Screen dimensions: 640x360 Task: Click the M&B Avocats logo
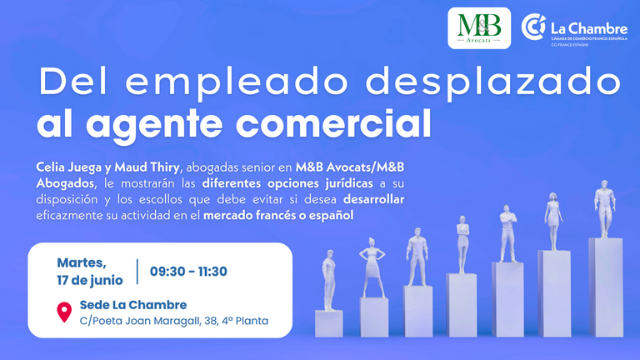click(x=479, y=28)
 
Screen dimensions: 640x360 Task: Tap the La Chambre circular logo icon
click(x=533, y=27)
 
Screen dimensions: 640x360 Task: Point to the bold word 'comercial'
click(x=333, y=122)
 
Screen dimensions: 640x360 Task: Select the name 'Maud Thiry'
click(x=147, y=167)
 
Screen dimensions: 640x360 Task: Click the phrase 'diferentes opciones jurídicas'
click(x=287, y=183)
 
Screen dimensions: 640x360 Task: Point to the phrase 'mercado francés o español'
click(x=278, y=215)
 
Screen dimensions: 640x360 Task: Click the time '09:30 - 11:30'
click(x=188, y=272)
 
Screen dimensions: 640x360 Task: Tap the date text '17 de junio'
click(x=90, y=280)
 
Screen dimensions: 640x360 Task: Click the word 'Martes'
click(x=82, y=263)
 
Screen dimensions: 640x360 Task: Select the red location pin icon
click(x=64, y=312)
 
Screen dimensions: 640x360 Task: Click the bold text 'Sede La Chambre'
click(x=133, y=305)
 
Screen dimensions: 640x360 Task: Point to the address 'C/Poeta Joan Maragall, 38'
click(x=148, y=321)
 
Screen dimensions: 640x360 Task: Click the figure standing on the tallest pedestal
click(x=604, y=208)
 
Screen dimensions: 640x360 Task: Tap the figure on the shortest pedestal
click(x=329, y=280)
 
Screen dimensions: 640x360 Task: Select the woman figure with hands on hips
click(x=372, y=267)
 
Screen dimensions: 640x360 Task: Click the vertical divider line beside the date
click(x=137, y=272)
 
